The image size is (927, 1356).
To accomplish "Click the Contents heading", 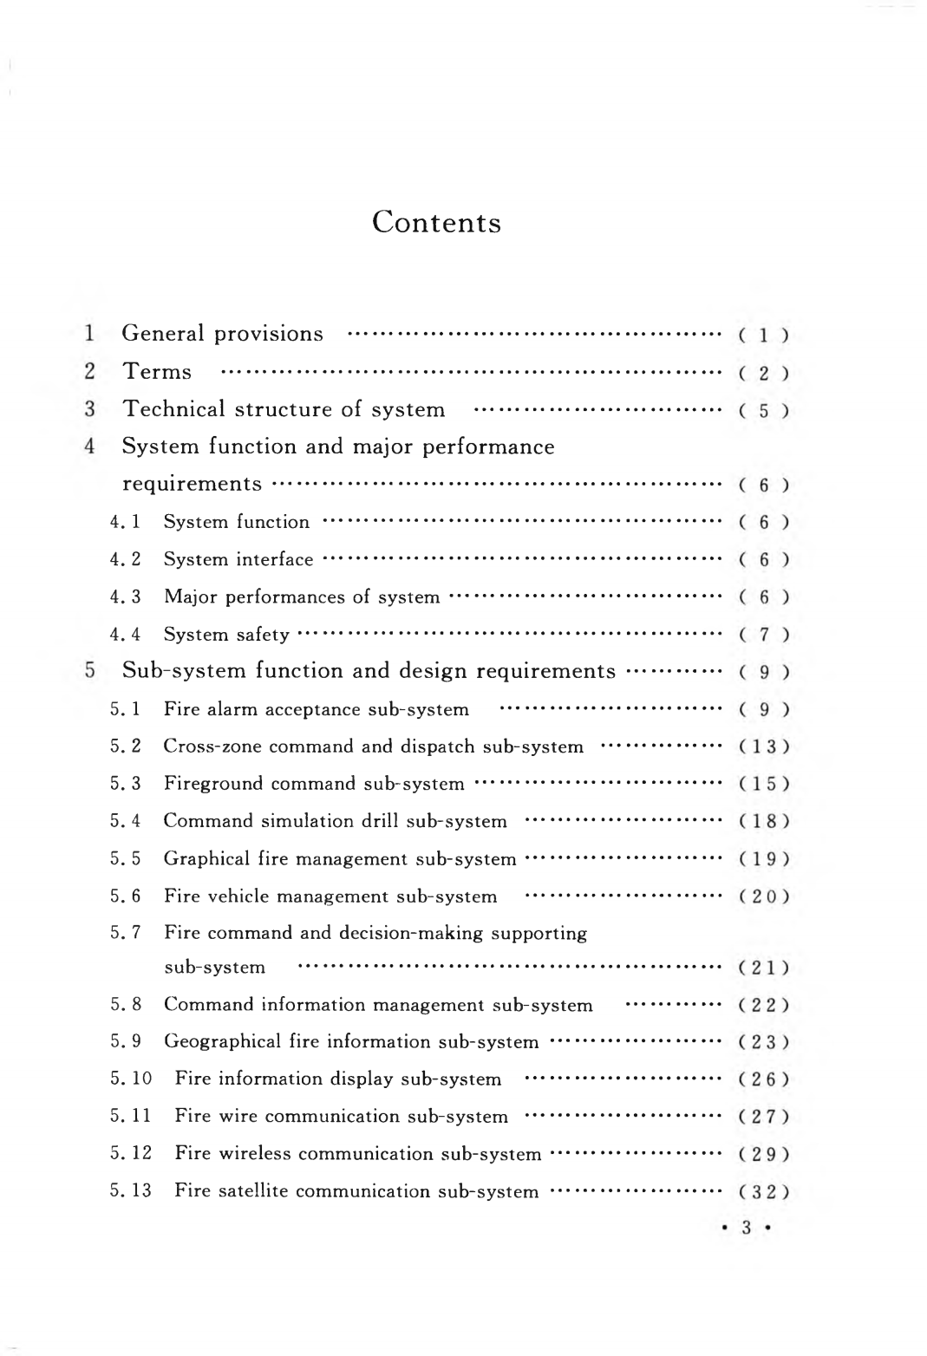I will pos(436,223).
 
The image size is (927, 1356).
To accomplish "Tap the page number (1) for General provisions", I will pos(763,336).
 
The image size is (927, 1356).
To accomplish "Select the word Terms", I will pos(157,372).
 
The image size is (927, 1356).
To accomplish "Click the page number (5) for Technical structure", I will pos(763,411).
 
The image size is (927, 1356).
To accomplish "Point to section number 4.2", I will pos(125,560).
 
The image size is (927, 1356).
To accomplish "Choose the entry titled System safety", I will pos(226,635).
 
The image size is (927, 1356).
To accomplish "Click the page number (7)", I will pos(763,635).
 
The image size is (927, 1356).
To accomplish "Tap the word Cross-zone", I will pos(199,746).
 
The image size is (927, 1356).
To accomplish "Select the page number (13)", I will pos(763,746).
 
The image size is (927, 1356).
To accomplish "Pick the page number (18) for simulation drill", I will pos(763,821).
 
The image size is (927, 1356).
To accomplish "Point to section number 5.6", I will pos(125,896).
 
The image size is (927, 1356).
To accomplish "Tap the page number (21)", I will pos(763,968).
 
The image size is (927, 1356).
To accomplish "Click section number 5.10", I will pos(131,1079).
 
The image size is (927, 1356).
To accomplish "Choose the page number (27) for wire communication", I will pos(763,1117).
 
